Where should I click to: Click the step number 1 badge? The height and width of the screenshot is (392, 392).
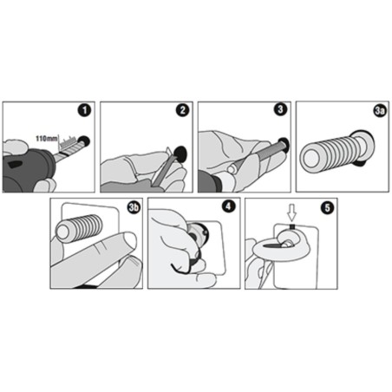point(84,110)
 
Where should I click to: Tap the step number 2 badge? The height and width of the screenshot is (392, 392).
point(182,110)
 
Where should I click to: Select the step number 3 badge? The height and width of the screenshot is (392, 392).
point(280,110)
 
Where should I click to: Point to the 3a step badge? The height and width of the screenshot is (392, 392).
point(380,111)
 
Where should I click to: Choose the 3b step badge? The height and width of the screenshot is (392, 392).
point(134,207)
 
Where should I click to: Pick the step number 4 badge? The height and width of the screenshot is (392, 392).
point(229,206)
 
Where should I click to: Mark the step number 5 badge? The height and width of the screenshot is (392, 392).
point(327,208)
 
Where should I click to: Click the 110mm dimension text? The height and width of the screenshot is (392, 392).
point(47,139)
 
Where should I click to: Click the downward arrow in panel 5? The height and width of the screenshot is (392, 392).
point(292,212)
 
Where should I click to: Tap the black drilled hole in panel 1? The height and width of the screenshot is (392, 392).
point(84,141)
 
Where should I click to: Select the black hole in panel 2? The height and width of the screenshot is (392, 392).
point(180,154)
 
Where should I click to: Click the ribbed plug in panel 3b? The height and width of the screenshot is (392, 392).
point(79,228)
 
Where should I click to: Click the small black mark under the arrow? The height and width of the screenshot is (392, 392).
point(292,226)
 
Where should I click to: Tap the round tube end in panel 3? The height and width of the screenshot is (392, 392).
point(232,168)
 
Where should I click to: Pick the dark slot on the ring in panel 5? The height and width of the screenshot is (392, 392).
point(272,245)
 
